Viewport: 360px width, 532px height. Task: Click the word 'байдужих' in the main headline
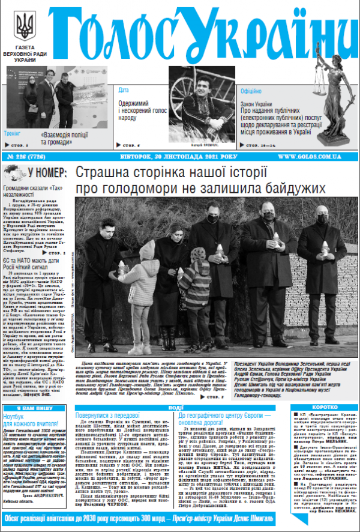click(296, 188)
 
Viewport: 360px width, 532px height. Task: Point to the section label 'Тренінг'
click(13, 133)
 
